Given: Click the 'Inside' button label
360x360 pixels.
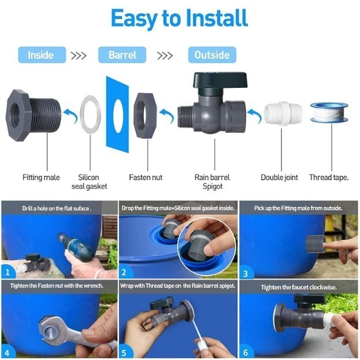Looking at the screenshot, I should (40, 55).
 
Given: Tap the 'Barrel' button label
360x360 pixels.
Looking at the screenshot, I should (123, 55).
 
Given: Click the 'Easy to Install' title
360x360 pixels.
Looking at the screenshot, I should (179, 18).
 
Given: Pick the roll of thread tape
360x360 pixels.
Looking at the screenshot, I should (329, 112).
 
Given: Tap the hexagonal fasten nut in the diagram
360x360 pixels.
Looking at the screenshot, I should (147, 112).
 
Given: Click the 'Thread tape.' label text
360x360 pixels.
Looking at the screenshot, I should (329, 177).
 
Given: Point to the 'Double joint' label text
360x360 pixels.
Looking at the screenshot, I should (280, 177).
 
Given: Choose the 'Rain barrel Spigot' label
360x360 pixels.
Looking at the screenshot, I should (213, 181).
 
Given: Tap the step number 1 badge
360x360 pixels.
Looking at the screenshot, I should (8, 270).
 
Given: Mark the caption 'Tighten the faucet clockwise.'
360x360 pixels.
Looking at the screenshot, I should (298, 287).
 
